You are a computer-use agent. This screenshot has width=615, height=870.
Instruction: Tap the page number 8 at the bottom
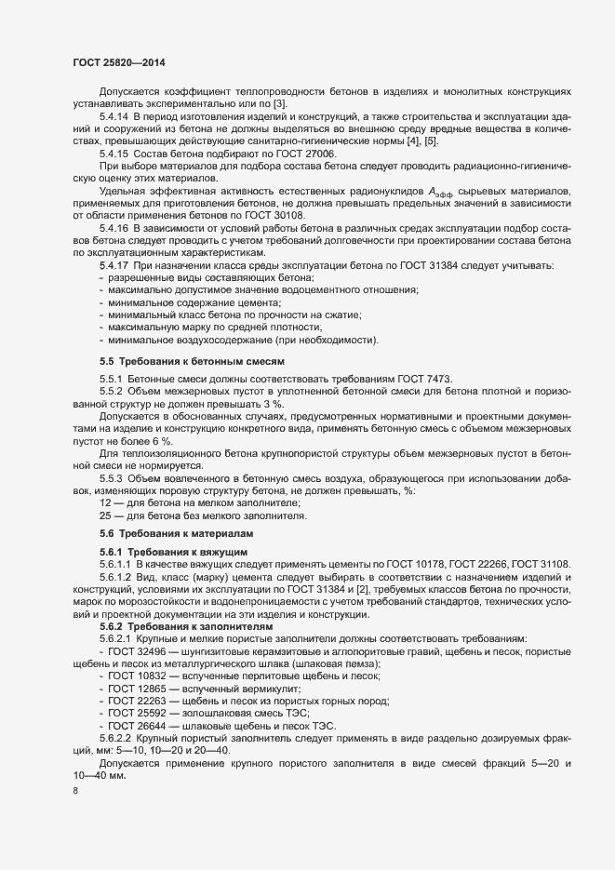pos(75,792)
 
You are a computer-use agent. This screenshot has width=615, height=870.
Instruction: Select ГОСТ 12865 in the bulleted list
pos(136,688)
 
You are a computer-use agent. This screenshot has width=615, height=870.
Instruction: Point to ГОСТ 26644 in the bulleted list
pos(136,725)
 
